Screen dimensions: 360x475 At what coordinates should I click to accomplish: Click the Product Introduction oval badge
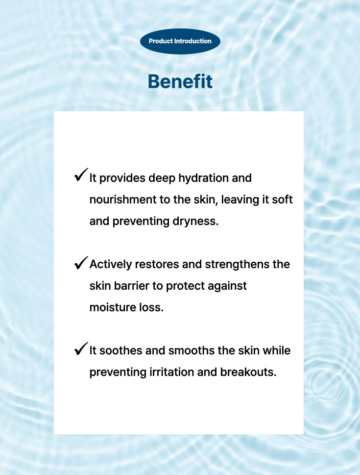click(180, 41)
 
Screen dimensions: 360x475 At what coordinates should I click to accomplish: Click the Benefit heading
click(180, 81)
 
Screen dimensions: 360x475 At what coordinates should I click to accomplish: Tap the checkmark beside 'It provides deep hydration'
click(81, 175)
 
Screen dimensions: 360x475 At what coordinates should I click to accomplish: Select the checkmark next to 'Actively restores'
click(81, 263)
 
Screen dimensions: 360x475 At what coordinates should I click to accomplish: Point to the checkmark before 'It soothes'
click(81, 349)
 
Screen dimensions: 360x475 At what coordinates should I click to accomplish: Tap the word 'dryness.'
click(195, 222)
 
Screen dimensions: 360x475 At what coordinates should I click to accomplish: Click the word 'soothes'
click(121, 350)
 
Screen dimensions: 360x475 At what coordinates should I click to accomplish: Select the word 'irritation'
click(172, 373)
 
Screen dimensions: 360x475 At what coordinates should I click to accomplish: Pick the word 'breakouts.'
click(248, 373)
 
